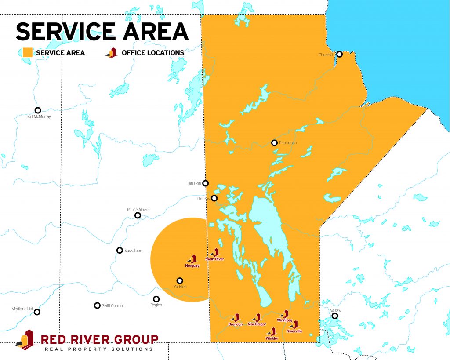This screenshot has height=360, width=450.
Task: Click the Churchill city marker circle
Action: click(x=339, y=54)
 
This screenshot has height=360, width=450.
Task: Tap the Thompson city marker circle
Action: click(x=274, y=142)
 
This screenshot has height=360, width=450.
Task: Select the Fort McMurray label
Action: click(x=39, y=116)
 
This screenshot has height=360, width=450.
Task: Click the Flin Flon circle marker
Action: click(x=205, y=183)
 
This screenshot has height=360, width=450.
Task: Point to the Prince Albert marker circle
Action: click(x=138, y=215)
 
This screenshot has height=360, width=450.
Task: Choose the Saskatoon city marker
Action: click(x=120, y=250)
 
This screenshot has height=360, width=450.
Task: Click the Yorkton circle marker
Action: click(x=179, y=280)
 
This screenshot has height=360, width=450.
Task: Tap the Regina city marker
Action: click(x=156, y=299)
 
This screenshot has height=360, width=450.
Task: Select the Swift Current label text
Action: click(x=113, y=305)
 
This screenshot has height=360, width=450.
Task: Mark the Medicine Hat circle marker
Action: click(x=37, y=312)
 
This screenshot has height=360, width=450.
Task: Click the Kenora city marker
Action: click(x=335, y=316)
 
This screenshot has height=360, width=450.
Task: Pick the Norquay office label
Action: click(x=192, y=266)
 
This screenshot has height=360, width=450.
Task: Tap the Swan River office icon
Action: click(x=215, y=253)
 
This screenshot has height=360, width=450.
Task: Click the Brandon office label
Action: click(x=236, y=324)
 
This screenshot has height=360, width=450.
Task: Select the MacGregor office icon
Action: click(x=257, y=317)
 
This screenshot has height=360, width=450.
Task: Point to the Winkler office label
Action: click(x=272, y=338)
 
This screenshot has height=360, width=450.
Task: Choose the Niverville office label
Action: click(x=294, y=331)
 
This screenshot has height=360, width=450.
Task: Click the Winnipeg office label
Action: click(x=284, y=320)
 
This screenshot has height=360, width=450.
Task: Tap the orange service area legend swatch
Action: click(x=26, y=53)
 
